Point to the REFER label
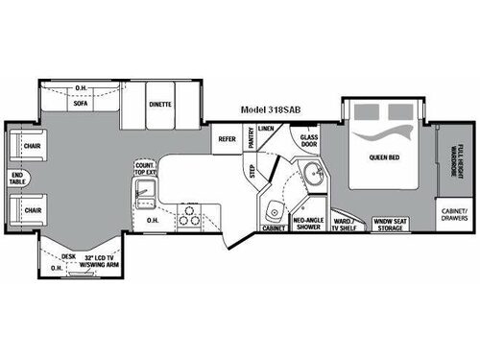[228, 138]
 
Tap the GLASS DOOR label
[310, 140]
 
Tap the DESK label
[68, 255]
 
